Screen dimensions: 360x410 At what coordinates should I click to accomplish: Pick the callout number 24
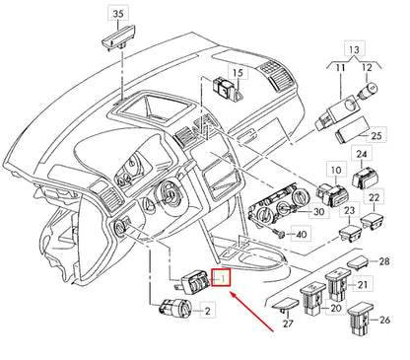click(362, 154)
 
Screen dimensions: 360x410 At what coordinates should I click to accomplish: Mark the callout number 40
click(302, 235)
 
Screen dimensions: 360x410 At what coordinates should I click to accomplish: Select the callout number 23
click(347, 212)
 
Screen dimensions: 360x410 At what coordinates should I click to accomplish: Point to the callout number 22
click(376, 199)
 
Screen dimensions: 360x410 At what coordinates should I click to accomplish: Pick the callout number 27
click(289, 323)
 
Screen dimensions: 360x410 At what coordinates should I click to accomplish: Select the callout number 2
click(207, 313)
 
